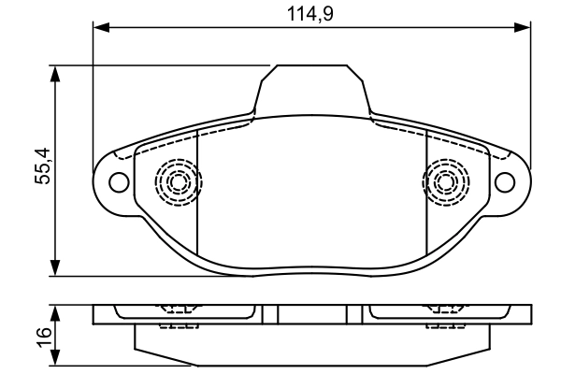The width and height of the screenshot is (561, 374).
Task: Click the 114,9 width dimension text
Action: [x=309, y=14]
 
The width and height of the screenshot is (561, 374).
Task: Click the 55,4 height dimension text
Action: [x=43, y=165]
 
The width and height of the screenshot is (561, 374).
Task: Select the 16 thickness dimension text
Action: [x=44, y=337]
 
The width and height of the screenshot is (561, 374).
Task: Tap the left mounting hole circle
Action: [x=119, y=182]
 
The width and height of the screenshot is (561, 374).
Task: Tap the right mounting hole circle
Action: [x=505, y=181]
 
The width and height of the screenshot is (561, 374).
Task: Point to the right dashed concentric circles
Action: [x=446, y=182]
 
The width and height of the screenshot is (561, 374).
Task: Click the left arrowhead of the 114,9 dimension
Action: [x=101, y=27]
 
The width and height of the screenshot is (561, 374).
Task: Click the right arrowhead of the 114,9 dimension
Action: [x=522, y=27]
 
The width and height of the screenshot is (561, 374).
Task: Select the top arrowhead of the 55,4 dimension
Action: [x=55, y=74]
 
